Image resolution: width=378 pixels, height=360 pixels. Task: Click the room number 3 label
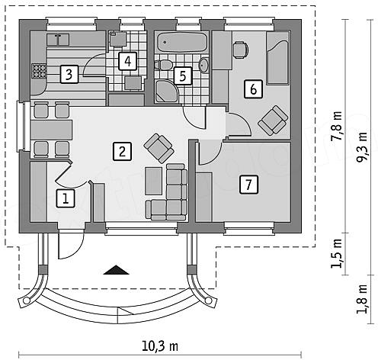tap(69, 74)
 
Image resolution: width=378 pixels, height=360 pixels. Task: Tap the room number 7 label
tap(248, 185)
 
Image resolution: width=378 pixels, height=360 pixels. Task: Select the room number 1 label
tap(66, 198)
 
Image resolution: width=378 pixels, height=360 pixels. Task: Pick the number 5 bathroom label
tap(183, 76)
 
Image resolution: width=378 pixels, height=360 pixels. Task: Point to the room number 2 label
tap(122, 152)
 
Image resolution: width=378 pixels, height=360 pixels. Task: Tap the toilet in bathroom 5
tap(164, 65)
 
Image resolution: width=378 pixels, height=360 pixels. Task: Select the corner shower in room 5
tap(167, 91)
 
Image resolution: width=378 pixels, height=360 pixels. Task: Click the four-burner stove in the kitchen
tap(39, 71)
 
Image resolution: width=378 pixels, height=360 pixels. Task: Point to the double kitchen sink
tap(58, 40)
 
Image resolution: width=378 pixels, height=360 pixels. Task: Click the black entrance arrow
tap(117, 270)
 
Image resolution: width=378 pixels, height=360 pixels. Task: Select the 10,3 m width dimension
tap(160, 346)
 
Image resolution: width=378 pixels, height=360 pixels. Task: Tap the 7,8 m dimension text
tap(338, 126)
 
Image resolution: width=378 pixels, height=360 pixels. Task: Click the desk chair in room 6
tap(240, 50)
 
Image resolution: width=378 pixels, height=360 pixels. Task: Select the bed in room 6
tap(278, 58)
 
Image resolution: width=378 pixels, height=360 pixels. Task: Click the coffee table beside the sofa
tap(154, 181)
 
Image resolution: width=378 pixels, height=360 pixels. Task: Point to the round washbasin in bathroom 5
tap(203, 65)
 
